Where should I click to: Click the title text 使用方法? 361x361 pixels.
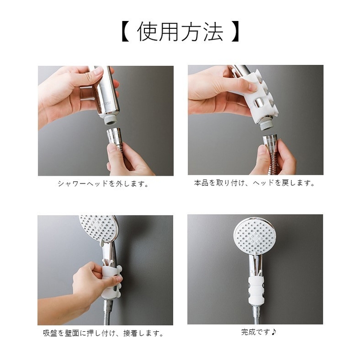coord(180,32)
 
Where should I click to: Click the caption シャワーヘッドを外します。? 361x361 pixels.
coord(103,184)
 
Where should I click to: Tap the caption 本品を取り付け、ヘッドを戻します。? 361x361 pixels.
coord(255,183)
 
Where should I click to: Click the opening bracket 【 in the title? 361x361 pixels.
coord(125,32)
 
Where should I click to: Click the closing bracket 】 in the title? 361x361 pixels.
coord(236,32)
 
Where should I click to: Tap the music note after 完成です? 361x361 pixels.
coord(274,332)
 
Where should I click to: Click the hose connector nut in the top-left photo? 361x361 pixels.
coord(114,137)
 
